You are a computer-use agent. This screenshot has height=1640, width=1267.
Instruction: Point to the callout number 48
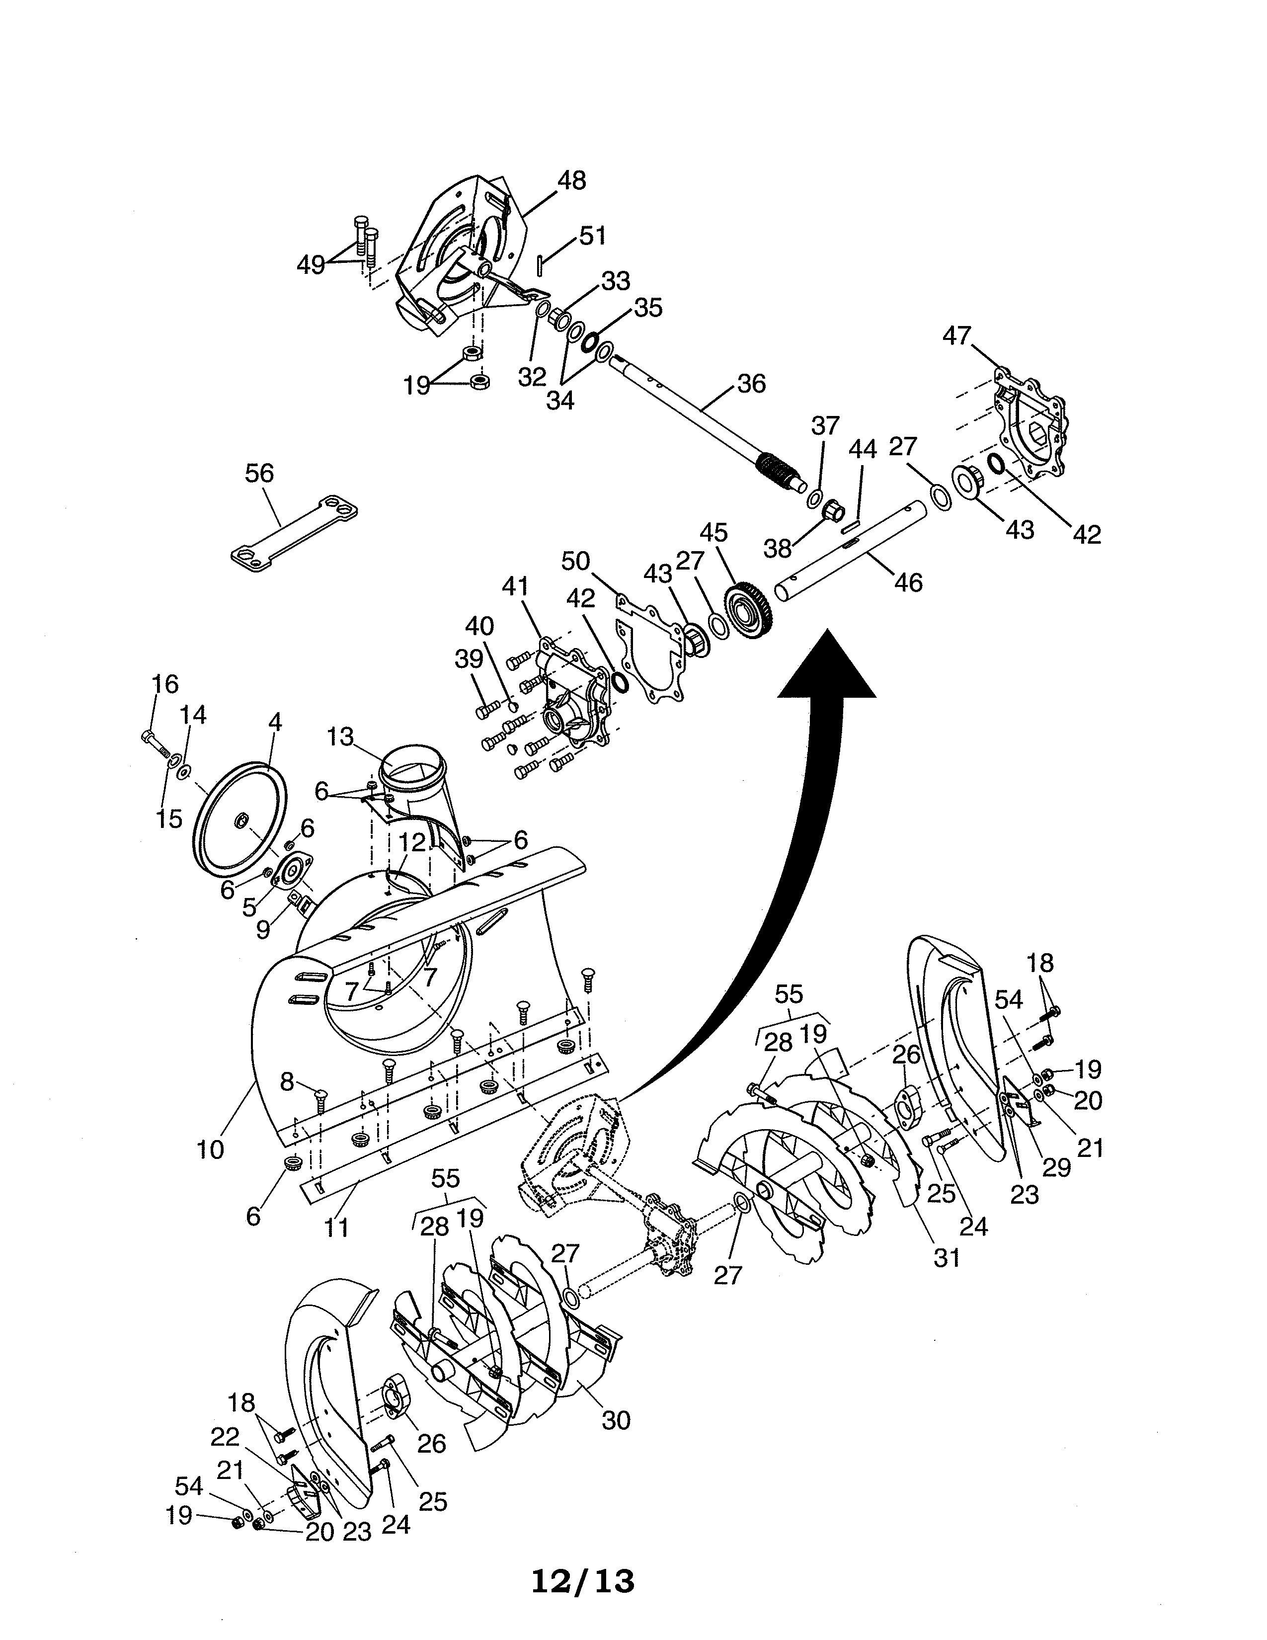pos(572,180)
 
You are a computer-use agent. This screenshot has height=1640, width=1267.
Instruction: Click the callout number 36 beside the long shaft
pos(751,384)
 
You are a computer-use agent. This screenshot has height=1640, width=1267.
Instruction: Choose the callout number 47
pos(957,335)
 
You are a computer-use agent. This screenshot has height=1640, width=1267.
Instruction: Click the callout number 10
pos(211,1149)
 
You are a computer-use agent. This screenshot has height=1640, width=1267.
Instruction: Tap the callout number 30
pos(616,1420)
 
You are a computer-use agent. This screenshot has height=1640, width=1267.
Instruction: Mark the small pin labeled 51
pos(541,264)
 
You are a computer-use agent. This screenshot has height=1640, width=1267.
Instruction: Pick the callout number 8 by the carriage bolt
pos(287,1082)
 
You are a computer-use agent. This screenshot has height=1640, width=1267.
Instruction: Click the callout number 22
pos(225,1437)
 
